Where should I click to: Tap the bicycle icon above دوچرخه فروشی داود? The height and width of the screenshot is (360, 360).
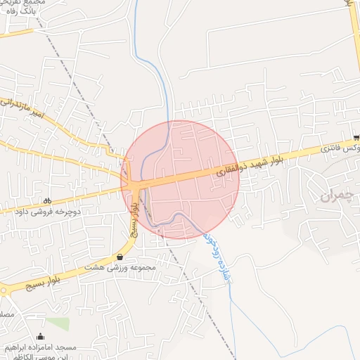point(47,200)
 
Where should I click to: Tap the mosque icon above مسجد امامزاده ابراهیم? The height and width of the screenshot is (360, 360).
point(39,336)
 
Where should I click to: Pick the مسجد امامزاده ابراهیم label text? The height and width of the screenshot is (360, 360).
point(39,348)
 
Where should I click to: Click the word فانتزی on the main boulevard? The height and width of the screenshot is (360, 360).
point(335,148)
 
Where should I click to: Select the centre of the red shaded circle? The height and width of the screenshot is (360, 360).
point(180,180)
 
